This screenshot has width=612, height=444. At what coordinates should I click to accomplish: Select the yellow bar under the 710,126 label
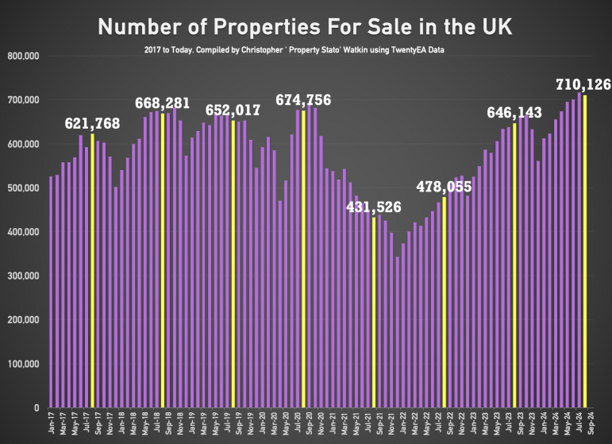coord(585,251)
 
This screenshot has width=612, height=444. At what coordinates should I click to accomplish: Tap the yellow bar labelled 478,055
coord(445,302)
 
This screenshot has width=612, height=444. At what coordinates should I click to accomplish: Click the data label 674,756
coord(303,100)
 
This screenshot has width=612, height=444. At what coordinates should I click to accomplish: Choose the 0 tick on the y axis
coord(37,408)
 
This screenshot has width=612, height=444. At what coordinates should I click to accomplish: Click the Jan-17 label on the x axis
coord(50,423)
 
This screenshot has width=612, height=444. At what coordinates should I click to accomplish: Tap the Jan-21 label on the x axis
coord(333,423)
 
